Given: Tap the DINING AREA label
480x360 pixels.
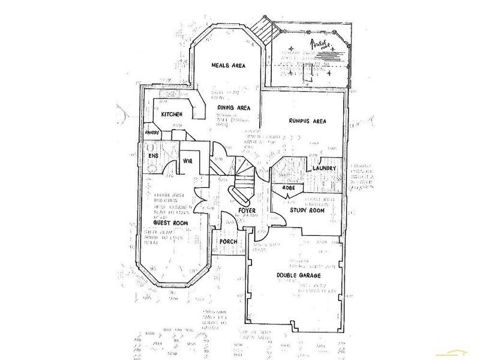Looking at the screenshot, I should tap(235, 108).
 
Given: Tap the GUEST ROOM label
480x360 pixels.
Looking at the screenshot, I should tap(169, 223).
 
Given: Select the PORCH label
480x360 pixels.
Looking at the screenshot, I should tap(229, 242).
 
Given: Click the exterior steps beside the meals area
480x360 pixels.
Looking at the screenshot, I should tap(261, 28).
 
